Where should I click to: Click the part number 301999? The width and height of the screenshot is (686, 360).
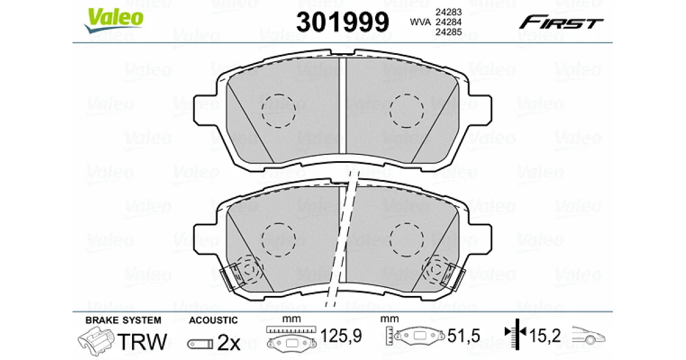pyautogui.click(x=342, y=22)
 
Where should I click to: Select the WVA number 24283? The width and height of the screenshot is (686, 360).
pyautogui.click(x=448, y=12)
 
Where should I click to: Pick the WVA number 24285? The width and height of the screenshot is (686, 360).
pyautogui.click(x=448, y=32)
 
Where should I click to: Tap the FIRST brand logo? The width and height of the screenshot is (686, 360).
pyautogui.click(x=561, y=22)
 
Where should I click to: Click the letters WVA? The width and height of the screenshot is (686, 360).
pyautogui.click(x=420, y=22)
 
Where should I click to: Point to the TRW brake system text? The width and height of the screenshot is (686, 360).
pyautogui.click(x=142, y=341)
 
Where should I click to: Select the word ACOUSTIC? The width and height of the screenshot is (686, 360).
pyautogui.click(x=213, y=320)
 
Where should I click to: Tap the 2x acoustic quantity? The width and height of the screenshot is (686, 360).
pyautogui.click(x=229, y=343)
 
